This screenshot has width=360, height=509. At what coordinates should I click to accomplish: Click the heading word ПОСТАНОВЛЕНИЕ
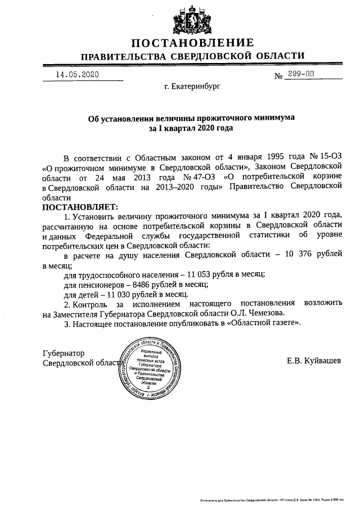(192, 43)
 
